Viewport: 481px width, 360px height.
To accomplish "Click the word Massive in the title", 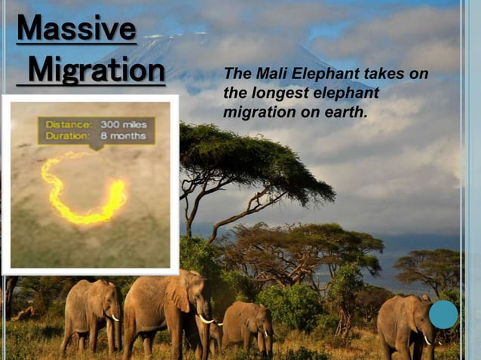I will (x=76, y=29).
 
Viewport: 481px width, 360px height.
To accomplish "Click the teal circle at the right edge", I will (x=443, y=315).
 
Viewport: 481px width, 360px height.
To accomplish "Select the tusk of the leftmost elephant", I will (x=115, y=318).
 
